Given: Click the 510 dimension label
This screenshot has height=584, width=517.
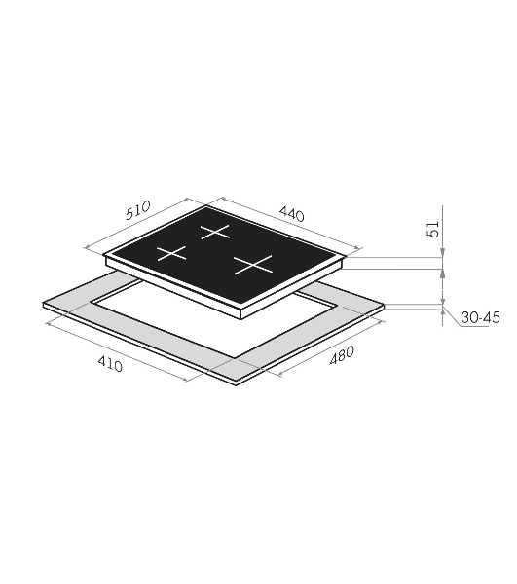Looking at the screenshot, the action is click(x=138, y=210).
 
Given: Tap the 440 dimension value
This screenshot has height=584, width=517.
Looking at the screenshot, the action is click(x=292, y=214).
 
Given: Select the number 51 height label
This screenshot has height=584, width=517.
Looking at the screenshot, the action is click(x=432, y=229).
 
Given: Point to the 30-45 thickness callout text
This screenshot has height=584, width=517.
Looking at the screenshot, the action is click(x=481, y=317).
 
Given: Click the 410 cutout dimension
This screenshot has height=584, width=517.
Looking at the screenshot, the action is click(x=110, y=363).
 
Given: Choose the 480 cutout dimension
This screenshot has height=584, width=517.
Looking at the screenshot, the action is click(x=342, y=355).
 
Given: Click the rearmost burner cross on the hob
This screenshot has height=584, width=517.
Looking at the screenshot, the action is click(x=215, y=232).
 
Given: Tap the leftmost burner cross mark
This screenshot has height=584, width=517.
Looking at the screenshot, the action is click(x=171, y=253).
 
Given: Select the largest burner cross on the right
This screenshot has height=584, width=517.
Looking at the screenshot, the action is click(x=253, y=265).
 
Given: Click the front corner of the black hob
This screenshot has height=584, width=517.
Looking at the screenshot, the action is click(x=241, y=308).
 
